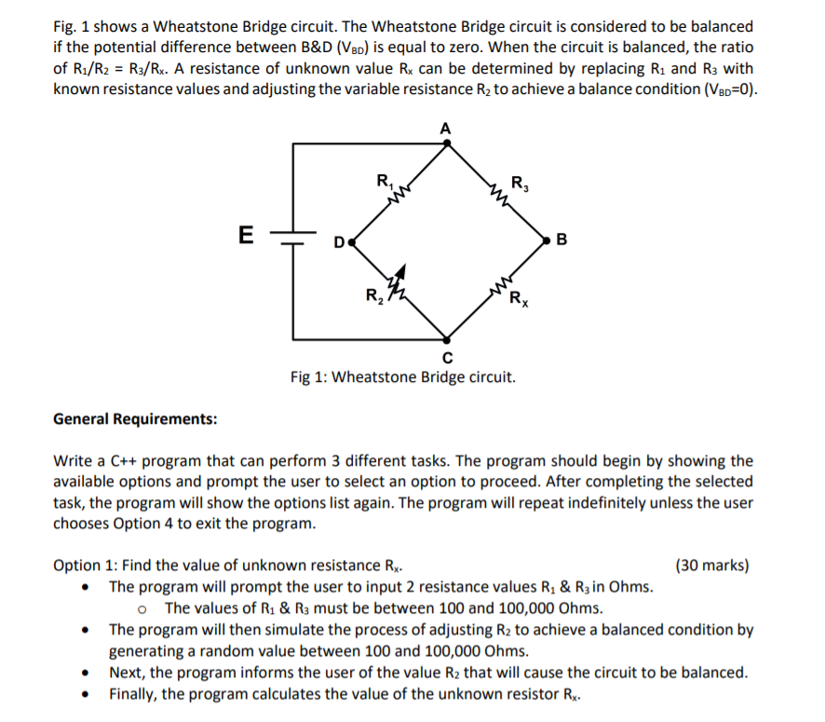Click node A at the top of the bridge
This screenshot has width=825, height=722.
pos(447,143)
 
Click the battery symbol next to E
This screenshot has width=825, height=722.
pos(293,237)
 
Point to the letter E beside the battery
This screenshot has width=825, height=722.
pos(245,235)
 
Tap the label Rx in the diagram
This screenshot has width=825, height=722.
pos(517,300)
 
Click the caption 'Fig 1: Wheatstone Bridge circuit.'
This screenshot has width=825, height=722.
pos(401,377)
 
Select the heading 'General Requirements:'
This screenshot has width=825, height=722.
pos(135,419)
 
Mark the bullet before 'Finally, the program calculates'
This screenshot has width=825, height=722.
pos(87,694)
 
